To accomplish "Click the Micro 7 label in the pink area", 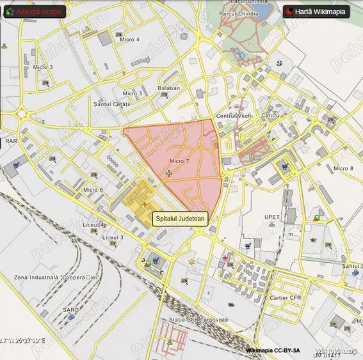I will click(179, 161).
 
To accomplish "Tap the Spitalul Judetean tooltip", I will click(181, 219).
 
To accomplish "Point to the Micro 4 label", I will click(130, 40).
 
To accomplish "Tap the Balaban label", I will click(168, 88).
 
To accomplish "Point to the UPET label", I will click(273, 217).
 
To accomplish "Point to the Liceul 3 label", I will click(113, 237).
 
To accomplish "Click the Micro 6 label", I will click(93, 190).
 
